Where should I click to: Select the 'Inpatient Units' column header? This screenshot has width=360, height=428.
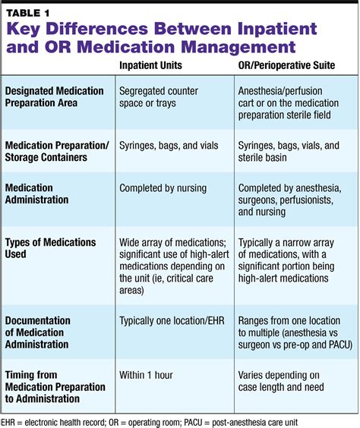[155, 65]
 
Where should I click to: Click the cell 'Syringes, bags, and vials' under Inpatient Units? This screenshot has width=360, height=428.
[173, 144]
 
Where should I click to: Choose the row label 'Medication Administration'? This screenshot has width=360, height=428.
[38, 193]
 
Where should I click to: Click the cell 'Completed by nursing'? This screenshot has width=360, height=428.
[166, 187]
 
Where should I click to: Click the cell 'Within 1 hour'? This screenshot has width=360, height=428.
[151, 375]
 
